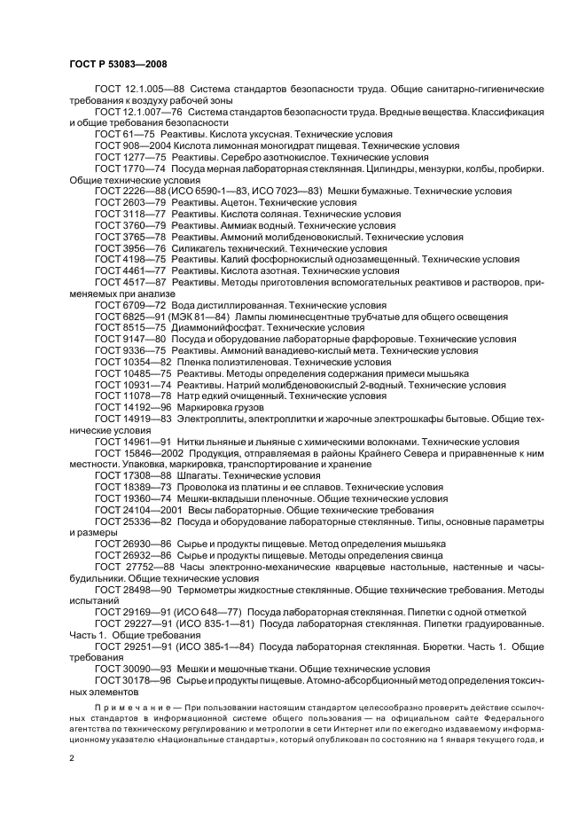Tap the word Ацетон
(x=225, y=202)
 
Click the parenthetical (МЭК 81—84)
(x=202, y=317)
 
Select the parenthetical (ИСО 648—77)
(x=220, y=612)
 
